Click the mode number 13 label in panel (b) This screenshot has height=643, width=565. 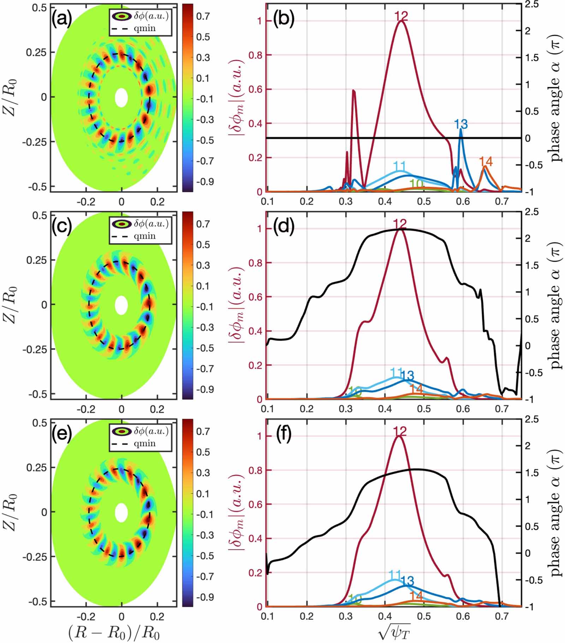[461, 124]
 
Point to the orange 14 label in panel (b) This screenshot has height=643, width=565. [486, 162]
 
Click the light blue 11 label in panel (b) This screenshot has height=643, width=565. [399, 166]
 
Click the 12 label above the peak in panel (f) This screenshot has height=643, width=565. [399, 431]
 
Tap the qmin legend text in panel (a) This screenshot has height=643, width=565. [145, 28]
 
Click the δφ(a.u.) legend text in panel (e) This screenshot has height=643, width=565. [151, 431]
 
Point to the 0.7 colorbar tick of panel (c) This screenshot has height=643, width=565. [203, 224]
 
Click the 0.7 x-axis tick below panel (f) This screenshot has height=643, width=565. [502, 616]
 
